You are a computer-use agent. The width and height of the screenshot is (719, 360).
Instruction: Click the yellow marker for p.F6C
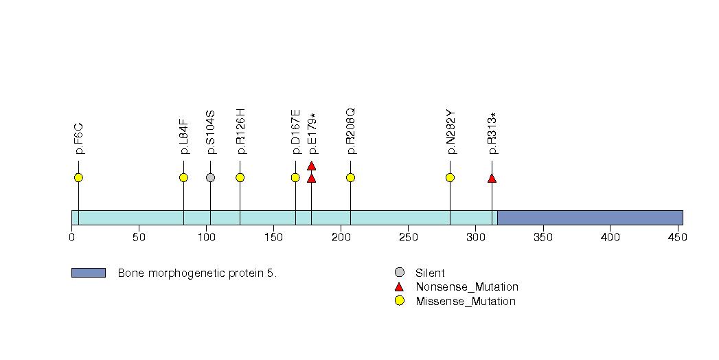[78, 178]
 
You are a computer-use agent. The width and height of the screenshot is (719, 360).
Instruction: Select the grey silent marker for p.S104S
[210, 178]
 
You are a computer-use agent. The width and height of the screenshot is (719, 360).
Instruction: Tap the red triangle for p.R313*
[492, 179]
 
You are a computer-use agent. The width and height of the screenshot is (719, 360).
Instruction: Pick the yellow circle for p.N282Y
[450, 178]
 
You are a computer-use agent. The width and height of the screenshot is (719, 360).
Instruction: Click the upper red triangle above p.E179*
[311, 166]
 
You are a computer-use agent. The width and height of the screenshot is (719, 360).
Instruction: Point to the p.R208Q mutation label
[350, 132]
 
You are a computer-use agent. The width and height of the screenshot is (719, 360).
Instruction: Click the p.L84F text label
[184, 136]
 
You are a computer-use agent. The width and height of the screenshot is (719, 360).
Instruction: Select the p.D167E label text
[295, 132]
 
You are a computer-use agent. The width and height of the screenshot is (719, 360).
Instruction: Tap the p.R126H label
[240, 132]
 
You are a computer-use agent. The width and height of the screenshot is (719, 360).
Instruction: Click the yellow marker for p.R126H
[240, 178]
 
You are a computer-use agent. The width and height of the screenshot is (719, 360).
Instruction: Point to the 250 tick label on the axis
[408, 238]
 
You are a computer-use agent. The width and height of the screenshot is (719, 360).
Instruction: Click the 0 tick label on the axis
[72, 238]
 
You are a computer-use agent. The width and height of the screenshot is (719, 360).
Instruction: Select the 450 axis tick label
[677, 238]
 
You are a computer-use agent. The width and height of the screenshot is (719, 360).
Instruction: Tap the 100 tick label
[206, 238]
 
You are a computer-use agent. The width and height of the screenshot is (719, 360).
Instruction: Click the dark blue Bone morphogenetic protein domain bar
[589, 218]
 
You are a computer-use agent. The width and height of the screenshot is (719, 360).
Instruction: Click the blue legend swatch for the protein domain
[88, 273]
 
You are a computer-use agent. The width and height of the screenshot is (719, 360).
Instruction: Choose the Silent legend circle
[400, 273]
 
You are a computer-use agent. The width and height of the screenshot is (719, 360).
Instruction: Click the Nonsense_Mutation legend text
[467, 287]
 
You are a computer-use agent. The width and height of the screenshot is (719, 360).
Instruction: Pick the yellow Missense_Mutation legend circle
[400, 301]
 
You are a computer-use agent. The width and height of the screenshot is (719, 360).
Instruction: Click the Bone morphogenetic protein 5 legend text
[197, 273]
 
